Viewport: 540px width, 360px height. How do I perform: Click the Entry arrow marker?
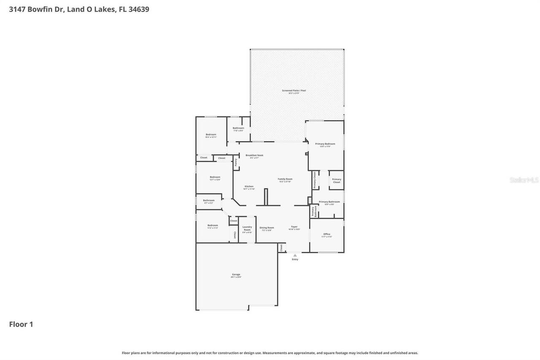(x=295, y=255)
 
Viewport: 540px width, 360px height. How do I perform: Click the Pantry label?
(x=236, y=162)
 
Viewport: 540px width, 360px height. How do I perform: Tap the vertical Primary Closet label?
(x=314, y=180)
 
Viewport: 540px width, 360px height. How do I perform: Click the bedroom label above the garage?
(x=213, y=226)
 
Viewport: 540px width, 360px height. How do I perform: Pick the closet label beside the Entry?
(x=281, y=248)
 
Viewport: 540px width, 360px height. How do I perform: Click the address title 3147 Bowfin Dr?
(x=79, y=9)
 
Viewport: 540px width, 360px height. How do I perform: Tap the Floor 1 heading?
(x=21, y=324)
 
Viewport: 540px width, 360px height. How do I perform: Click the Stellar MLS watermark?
(x=524, y=180)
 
